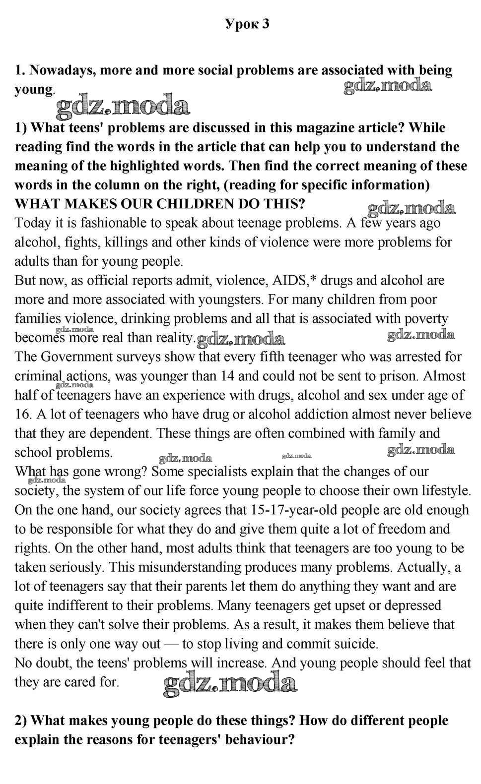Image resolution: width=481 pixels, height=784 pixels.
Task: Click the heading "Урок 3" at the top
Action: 247,24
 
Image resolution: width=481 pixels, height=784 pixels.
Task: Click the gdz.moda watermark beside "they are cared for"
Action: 230,684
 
